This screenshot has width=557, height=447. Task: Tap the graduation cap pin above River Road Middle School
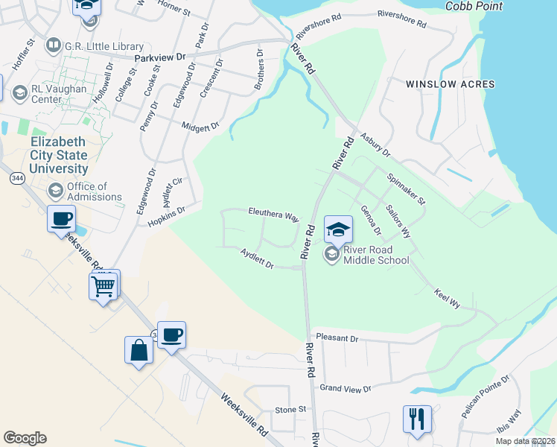click(338, 229)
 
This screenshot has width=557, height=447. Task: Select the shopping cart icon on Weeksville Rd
click(103, 285)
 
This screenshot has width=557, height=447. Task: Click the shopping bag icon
click(139, 350)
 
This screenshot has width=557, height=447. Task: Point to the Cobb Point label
click(474, 7)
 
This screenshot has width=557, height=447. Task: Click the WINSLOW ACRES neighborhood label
click(451, 84)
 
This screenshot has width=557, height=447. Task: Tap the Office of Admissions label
click(94, 191)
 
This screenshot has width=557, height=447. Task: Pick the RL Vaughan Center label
click(57, 93)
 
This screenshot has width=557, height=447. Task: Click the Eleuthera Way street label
click(273, 215)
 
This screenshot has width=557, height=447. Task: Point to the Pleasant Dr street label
click(337, 338)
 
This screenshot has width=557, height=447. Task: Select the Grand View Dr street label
click(345, 388)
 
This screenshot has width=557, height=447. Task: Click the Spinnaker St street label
click(406, 189)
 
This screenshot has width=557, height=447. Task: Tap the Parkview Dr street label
click(159, 57)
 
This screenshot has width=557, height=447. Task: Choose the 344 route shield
click(16, 179)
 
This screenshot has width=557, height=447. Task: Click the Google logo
click(25, 438)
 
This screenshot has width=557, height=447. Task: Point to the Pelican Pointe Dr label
click(485, 396)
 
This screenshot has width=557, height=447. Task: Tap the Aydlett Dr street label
click(258, 259)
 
